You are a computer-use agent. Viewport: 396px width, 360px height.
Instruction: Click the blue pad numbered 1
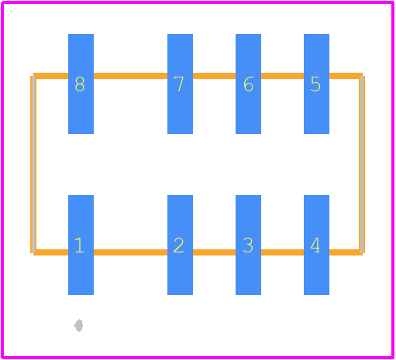tap(81, 245)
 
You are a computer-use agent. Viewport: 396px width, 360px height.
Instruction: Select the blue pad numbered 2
tap(180, 245)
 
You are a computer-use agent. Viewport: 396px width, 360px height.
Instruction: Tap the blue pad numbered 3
tap(248, 245)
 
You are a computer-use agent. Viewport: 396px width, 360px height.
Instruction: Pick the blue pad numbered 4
tap(316, 245)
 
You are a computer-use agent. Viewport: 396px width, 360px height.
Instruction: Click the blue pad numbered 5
tap(316, 84)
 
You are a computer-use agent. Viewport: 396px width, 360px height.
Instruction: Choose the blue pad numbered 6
tap(248, 84)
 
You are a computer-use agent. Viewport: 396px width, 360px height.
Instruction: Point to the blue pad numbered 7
tap(180, 84)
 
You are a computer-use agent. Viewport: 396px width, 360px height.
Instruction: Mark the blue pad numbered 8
tap(81, 84)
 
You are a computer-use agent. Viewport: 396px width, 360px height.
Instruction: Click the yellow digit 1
tap(79, 245)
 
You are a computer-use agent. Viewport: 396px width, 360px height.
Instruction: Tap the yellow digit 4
tap(315, 245)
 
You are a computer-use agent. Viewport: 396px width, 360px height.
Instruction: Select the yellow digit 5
tap(315, 84)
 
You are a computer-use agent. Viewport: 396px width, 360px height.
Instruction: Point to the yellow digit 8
tap(80, 84)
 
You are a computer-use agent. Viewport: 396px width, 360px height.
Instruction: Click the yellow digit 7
tap(179, 84)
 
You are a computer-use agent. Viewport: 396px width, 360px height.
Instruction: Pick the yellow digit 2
tap(179, 245)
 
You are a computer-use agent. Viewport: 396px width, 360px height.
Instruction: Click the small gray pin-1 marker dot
tap(78, 326)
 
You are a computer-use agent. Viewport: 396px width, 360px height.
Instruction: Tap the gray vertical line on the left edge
tap(33, 164)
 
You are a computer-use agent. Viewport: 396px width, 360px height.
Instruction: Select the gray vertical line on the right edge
tap(362, 164)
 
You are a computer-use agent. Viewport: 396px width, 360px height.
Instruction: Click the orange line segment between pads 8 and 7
tap(130, 76)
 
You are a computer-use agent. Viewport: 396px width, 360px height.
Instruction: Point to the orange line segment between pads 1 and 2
tap(130, 252)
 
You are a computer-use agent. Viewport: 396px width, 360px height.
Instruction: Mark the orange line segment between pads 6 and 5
tap(282, 76)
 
